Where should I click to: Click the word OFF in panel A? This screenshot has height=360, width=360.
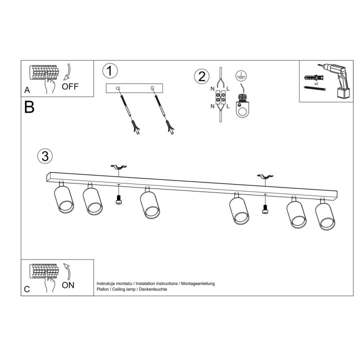(x=70, y=86)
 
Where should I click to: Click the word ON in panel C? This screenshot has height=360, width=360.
(x=68, y=285)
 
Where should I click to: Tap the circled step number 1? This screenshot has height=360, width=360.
(x=110, y=70)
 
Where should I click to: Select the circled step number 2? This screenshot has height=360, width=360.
(x=202, y=76)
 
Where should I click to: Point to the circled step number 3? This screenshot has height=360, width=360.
(x=45, y=156)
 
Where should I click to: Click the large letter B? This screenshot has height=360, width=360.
(x=29, y=107)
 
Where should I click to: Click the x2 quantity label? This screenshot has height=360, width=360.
(x=316, y=84)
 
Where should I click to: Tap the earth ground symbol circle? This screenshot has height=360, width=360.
(x=241, y=75)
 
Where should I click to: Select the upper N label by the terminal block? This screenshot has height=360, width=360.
(x=212, y=88)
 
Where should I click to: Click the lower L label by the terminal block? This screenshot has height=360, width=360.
(x=228, y=106)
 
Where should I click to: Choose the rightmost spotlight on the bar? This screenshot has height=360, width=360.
(x=325, y=214)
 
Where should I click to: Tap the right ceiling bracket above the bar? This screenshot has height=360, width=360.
(x=265, y=177)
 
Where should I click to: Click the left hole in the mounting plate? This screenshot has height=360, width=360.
(x=118, y=88)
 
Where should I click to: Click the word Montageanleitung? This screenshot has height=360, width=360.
(x=198, y=283)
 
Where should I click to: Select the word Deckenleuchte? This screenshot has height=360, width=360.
(x=153, y=289)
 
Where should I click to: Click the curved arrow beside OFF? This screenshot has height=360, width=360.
(x=67, y=72)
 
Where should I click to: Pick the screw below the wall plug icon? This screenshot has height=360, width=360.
(x=315, y=88)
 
